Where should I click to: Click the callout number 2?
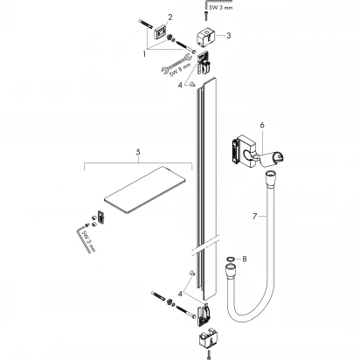point(170,17)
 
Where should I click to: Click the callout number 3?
point(228,36)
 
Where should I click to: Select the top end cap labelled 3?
point(209,36)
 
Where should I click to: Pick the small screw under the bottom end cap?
point(209,353)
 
